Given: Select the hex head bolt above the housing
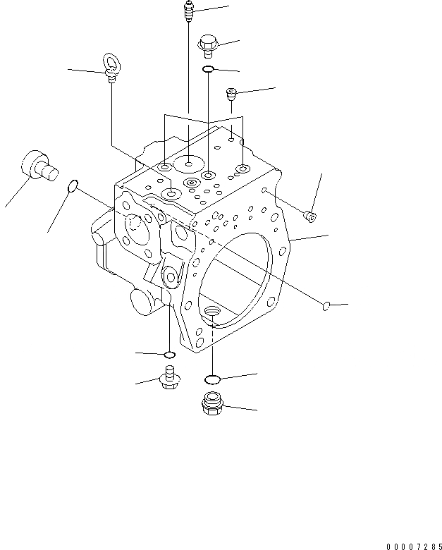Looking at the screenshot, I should [x=207, y=44].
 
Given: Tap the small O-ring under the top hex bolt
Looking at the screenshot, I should [x=209, y=69].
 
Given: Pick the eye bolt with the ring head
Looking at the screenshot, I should [x=111, y=68].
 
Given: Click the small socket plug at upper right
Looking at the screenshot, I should [x=231, y=93].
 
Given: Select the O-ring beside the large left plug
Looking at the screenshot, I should [x=72, y=187].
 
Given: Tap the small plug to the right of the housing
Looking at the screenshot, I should [x=309, y=214].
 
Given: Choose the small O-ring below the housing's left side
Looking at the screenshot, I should [x=168, y=353].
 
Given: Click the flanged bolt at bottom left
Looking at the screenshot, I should [x=169, y=378].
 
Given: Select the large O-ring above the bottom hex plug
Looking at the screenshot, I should [x=213, y=379].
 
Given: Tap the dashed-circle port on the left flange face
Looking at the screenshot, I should [x=138, y=225].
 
